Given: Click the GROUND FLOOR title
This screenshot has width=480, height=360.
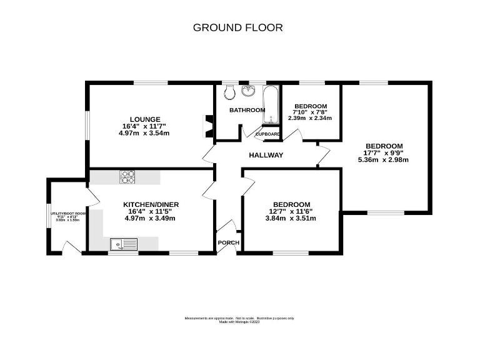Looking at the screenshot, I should click(x=237, y=27).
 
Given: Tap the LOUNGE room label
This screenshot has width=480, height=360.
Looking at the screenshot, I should click(x=145, y=119).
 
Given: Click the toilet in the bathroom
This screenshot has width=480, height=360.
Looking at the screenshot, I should click(x=229, y=92).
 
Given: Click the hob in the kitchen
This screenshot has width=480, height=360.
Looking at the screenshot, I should click(x=127, y=177).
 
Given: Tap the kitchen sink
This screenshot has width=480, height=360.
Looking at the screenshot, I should click(x=123, y=244).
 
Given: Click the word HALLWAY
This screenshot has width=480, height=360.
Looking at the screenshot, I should click(x=266, y=155).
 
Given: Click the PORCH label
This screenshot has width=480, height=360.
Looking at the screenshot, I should click(x=226, y=243).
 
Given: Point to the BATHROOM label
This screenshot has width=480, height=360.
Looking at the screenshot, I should click(x=247, y=110).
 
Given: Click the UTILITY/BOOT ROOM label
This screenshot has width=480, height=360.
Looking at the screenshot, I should click(x=69, y=213).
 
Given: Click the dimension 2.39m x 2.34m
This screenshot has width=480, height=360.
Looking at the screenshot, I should click(x=310, y=117).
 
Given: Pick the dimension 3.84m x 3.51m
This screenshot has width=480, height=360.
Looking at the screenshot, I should click(x=291, y=218).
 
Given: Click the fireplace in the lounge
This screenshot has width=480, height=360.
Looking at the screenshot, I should click(x=209, y=126).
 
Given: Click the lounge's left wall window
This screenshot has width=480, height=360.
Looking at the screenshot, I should click(x=87, y=126).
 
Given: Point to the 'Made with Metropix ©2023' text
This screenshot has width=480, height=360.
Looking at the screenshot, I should click(x=239, y=322).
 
